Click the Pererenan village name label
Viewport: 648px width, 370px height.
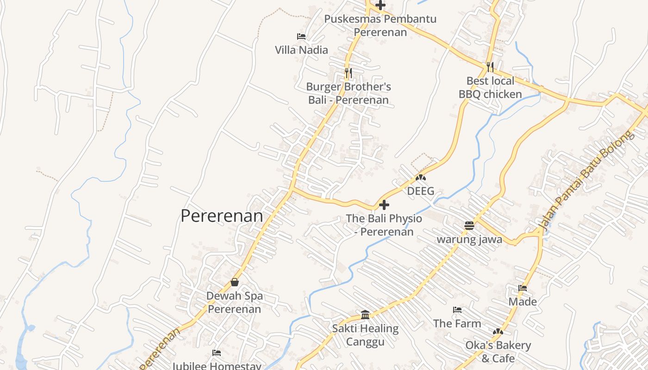[x=222, y=216]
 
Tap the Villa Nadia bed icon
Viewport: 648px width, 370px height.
[x=301, y=36]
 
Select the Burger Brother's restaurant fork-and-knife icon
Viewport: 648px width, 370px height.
[x=349, y=73]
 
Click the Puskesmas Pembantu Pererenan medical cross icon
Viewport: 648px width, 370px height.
[x=380, y=6]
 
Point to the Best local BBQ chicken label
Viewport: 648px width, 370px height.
[x=490, y=87]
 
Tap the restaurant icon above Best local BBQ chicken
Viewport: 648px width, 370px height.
[x=490, y=67]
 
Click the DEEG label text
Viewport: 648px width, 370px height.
[x=421, y=191]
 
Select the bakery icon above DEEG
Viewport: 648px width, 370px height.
[x=421, y=177]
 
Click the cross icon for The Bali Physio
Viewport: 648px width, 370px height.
[x=384, y=205]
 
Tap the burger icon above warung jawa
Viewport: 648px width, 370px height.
[x=469, y=226]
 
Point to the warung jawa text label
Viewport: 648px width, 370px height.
[x=469, y=240]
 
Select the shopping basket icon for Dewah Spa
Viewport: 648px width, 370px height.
[x=235, y=282]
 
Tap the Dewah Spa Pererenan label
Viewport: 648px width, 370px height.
[x=235, y=302]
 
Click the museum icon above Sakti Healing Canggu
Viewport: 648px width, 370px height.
[x=365, y=315]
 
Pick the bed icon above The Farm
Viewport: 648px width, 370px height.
[x=457, y=310]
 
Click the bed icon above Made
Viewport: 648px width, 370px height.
[x=523, y=288]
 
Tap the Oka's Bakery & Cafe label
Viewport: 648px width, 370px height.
[x=498, y=352]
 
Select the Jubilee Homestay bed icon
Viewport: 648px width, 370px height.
[x=217, y=353]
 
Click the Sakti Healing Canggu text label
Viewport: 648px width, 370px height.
[x=365, y=335]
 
